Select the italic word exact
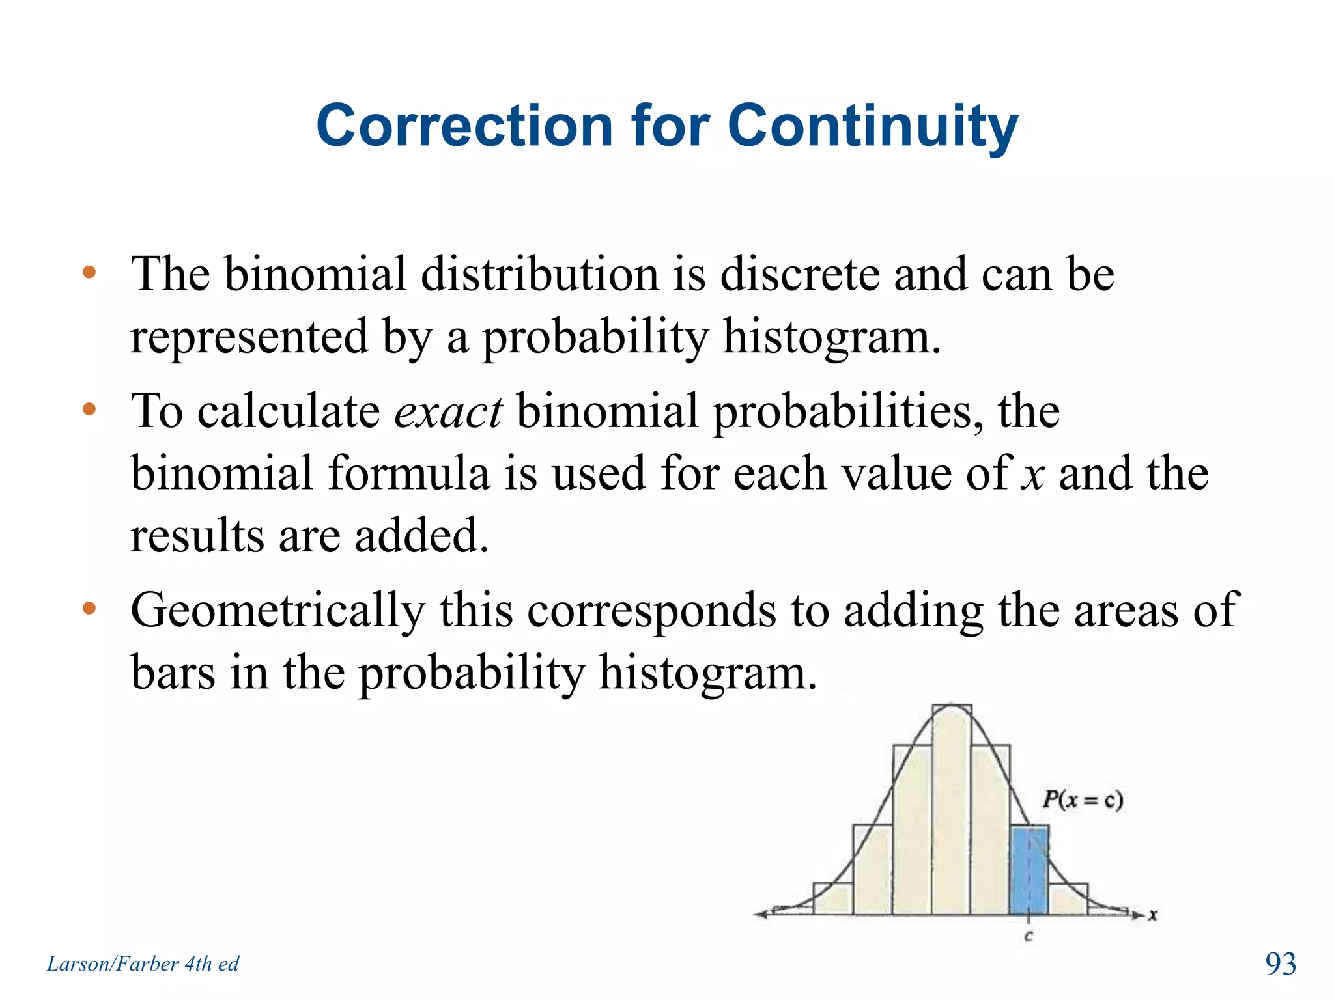(x=448, y=412)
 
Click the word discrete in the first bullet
(x=799, y=274)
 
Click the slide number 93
(x=1280, y=964)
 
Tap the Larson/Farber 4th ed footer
(x=143, y=964)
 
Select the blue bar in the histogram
(x=1029, y=871)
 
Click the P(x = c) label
(x=1083, y=799)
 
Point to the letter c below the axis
(x=1029, y=937)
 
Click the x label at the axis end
(x=1152, y=915)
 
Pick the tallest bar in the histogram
(x=952, y=811)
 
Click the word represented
(x=249, y=337)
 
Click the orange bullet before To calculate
(x=89, y=410)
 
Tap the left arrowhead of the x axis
(x=759, y=914)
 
